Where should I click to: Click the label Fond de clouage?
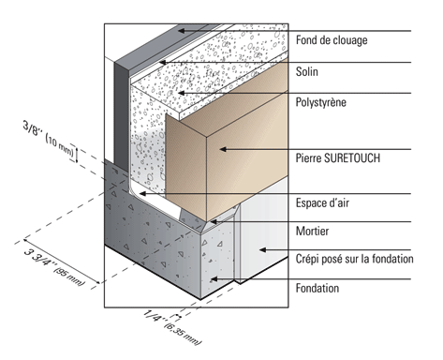click(332, 40)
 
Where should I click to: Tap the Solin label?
click(307, 71)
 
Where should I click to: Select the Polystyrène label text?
click(321, 102)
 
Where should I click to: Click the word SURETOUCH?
click(352, 157)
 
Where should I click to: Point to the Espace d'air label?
click(322, 202)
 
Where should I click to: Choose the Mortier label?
click(312, 231)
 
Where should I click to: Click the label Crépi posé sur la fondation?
click(354, 259)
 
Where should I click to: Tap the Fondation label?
click(317, 288)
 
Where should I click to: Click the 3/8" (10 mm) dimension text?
click(48, 139)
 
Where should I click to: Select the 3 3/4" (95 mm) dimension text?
click(54, 267)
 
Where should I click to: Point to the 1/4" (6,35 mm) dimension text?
click(172, 327)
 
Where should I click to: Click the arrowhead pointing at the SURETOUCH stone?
click(223, 149)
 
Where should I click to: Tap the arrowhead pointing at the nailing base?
click(182, 31)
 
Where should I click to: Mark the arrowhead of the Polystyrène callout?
click(182, 93)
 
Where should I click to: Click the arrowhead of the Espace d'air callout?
click(142, 194)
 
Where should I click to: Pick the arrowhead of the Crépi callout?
click(263, 249)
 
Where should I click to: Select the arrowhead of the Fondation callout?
click(214, 278)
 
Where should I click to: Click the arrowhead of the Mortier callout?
click(214, 222)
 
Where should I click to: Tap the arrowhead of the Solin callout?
click(162, 62)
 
